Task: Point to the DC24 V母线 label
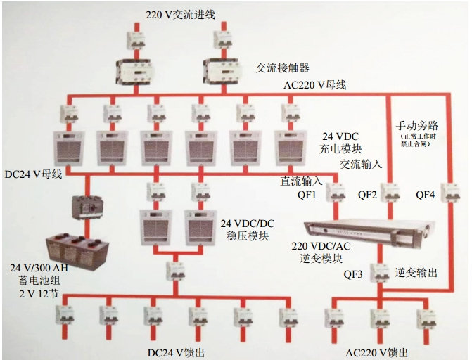[33, 173]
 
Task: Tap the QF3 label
[353, 275]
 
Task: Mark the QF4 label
[426, 193]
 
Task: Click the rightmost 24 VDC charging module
[291, 146]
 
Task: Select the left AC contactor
[134, 70]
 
